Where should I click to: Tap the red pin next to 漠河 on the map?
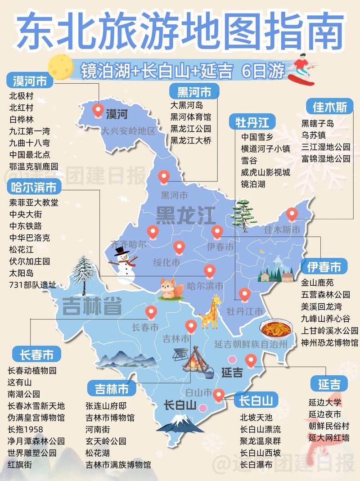98,110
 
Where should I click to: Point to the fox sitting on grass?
171,288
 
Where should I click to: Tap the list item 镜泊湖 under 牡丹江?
253,184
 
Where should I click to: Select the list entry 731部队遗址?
33,284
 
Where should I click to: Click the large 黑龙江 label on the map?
185,216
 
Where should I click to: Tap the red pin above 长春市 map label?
151,311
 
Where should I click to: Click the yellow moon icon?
60,67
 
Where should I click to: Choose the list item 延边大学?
325,402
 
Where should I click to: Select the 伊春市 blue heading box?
324,267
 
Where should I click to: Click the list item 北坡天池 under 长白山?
256,417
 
